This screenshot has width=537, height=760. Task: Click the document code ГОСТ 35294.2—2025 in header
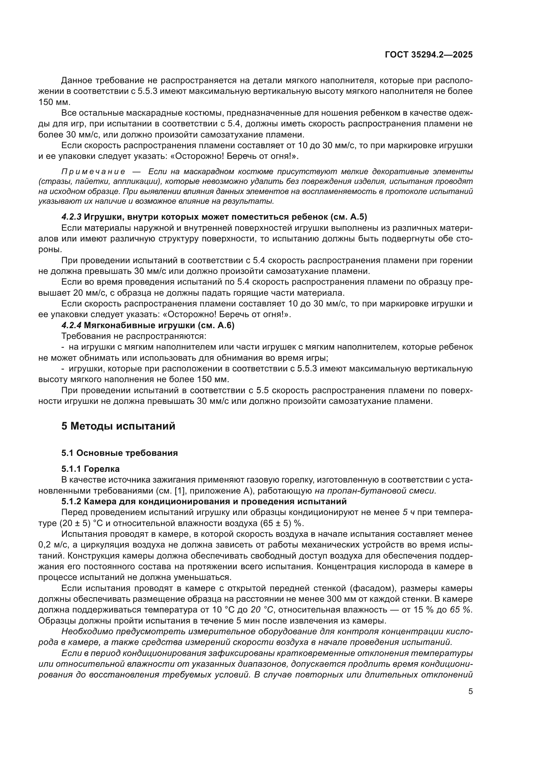tap(429, 55)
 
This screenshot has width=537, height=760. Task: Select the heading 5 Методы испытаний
tap(118, 426)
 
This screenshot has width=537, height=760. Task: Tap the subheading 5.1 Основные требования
tap(119, 453)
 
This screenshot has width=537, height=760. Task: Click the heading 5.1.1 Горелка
tap(90, 469)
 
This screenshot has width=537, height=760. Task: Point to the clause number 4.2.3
tap(71, 217)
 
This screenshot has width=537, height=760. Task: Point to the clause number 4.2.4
tap(71, 326)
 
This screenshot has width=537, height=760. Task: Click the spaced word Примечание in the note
tap(93, 172)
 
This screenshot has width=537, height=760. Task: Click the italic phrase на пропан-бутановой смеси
tap(375, 491)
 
